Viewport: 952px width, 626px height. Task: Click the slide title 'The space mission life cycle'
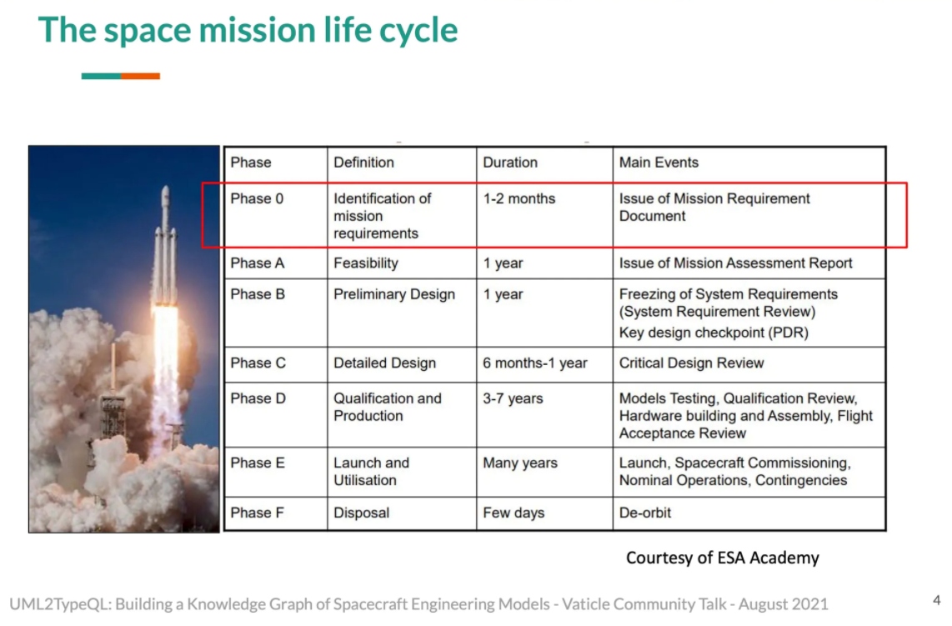click(248, 30)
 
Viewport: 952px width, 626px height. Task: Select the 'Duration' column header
click(510, 163)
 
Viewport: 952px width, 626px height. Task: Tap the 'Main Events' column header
click(659, 163)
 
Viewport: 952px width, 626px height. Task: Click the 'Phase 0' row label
click(257, 198)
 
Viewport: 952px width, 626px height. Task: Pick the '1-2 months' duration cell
click(519, 198)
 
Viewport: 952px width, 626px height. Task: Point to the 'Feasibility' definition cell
click(365, 263)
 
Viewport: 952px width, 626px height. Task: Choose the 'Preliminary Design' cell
click(394, 294)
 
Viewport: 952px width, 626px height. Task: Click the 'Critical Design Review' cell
click(692, 363)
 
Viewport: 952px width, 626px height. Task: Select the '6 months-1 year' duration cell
click(535, 363)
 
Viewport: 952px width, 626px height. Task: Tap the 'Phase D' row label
click(258, 398)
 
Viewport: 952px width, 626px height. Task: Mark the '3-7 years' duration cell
click(513, 398)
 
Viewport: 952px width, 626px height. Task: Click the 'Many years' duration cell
click(519, 463)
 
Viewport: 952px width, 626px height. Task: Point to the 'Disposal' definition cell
click(361, 513)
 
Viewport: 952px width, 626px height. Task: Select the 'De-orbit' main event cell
click(644, 513)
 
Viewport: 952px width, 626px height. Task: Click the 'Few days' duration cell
click(514, 513)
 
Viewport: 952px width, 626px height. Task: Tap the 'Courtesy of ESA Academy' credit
click(723, 558)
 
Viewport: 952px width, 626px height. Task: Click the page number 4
click(937, 600)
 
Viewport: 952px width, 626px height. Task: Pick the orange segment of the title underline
click(140, 76)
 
